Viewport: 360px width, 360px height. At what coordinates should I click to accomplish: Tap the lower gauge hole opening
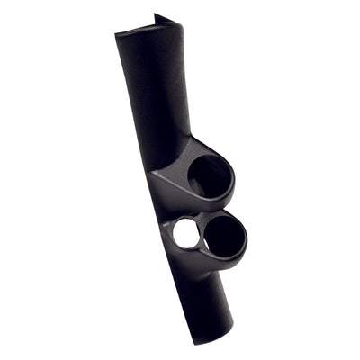224,236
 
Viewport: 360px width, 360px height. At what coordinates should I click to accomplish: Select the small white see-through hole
186,234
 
